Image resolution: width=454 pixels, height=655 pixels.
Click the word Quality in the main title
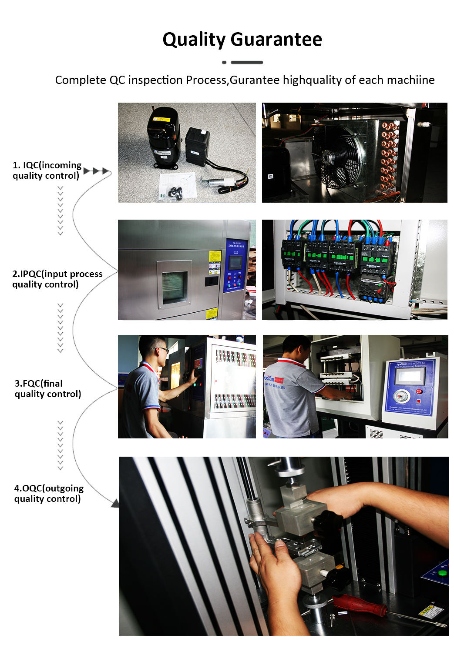tap(194, 40)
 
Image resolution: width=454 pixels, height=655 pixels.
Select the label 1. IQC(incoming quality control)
tap(47, 170)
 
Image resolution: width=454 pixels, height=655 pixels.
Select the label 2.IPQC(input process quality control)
tap(57, 279)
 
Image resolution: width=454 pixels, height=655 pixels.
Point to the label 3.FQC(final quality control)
tap(47, 388)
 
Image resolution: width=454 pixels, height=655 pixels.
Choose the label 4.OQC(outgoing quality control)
tap(48, 493)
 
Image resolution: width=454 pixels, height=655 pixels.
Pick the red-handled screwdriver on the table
tap(360, 604)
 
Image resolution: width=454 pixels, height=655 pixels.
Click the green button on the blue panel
tap(442, 572)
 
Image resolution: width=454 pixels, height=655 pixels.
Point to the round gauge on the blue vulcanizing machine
tap(400, 396)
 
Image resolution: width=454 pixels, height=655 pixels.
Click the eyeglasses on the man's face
tap(161, 349)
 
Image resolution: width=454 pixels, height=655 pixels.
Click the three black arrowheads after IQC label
tap(96, 171)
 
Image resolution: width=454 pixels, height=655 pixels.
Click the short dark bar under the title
tap(246, 63)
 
